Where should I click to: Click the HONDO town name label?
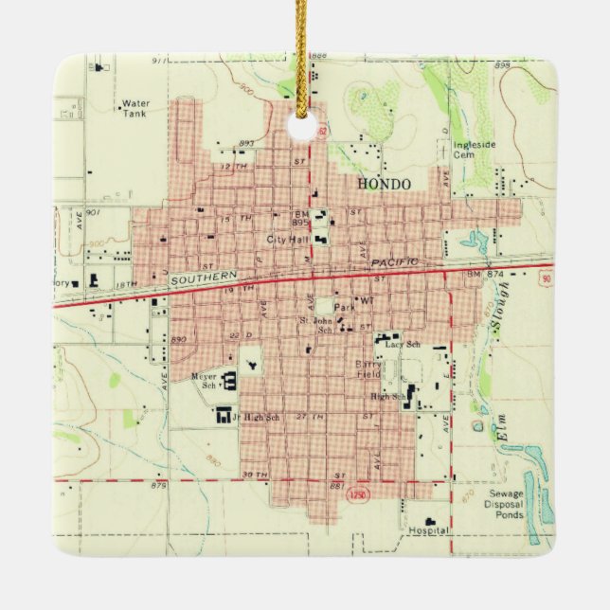tap(384, 184)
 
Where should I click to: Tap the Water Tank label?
tap(135, 108)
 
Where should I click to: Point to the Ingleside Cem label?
tap(474, 151)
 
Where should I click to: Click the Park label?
tap(344, 308)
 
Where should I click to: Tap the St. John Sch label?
tap(317, 327)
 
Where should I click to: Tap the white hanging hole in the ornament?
tap(302, 124)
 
